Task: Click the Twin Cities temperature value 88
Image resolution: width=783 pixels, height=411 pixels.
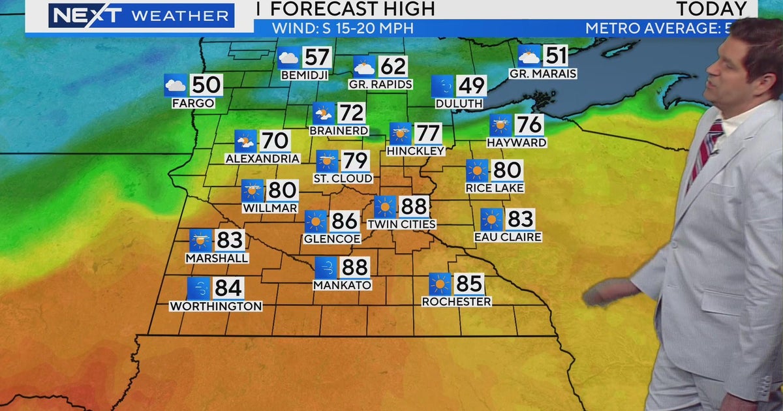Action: point(413,207)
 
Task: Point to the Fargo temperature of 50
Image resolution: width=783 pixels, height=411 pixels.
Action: point(206,85)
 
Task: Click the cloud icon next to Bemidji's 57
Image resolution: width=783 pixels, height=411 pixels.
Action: point(288,58)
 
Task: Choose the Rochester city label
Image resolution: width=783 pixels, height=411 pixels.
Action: point(456,301)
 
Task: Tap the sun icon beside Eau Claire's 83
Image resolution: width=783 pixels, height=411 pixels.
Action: point(491,220)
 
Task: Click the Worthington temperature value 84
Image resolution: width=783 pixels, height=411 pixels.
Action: point(228,288)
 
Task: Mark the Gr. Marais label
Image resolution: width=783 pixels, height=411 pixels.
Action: point(543,74)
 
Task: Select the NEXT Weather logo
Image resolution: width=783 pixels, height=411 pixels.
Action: point(140,16)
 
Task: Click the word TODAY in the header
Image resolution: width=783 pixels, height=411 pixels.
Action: point(711,9)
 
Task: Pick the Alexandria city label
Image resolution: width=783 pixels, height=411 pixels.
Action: point(262,159)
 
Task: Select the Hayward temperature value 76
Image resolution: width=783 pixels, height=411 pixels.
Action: point(529,125)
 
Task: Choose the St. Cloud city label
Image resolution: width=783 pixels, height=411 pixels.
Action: point(343,178)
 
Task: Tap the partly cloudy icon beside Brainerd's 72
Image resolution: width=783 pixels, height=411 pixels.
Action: point(323,114)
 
